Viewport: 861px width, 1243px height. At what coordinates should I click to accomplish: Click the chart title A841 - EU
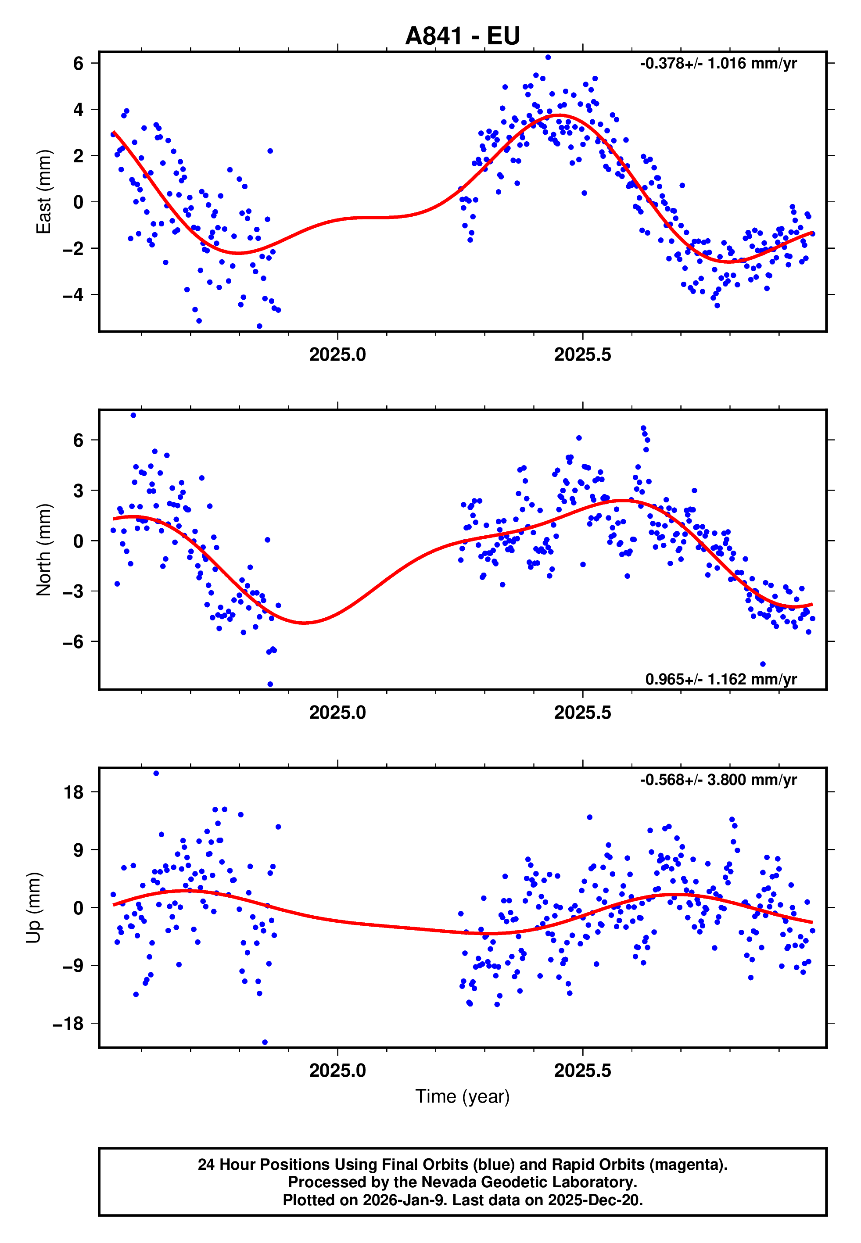463,36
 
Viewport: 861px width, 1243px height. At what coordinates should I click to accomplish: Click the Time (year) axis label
463,1096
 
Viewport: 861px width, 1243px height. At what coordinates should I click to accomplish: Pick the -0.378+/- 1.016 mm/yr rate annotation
718,64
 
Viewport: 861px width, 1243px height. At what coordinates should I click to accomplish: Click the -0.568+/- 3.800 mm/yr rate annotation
718,780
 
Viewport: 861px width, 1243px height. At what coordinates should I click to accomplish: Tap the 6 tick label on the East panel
79,64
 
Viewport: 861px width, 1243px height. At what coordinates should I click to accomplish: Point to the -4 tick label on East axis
73,295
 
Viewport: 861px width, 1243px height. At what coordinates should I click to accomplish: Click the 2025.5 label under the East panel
583,355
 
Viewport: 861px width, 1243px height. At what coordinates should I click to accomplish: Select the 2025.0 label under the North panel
338,713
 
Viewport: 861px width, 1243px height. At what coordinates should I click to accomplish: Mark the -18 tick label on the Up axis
68,1024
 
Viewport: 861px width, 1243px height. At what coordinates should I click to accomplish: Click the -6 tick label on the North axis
73,642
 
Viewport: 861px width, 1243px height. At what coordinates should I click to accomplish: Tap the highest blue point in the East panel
548,57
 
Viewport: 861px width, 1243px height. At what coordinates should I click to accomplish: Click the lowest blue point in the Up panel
265,1042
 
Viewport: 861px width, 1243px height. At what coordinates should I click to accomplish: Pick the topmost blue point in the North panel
133,415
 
